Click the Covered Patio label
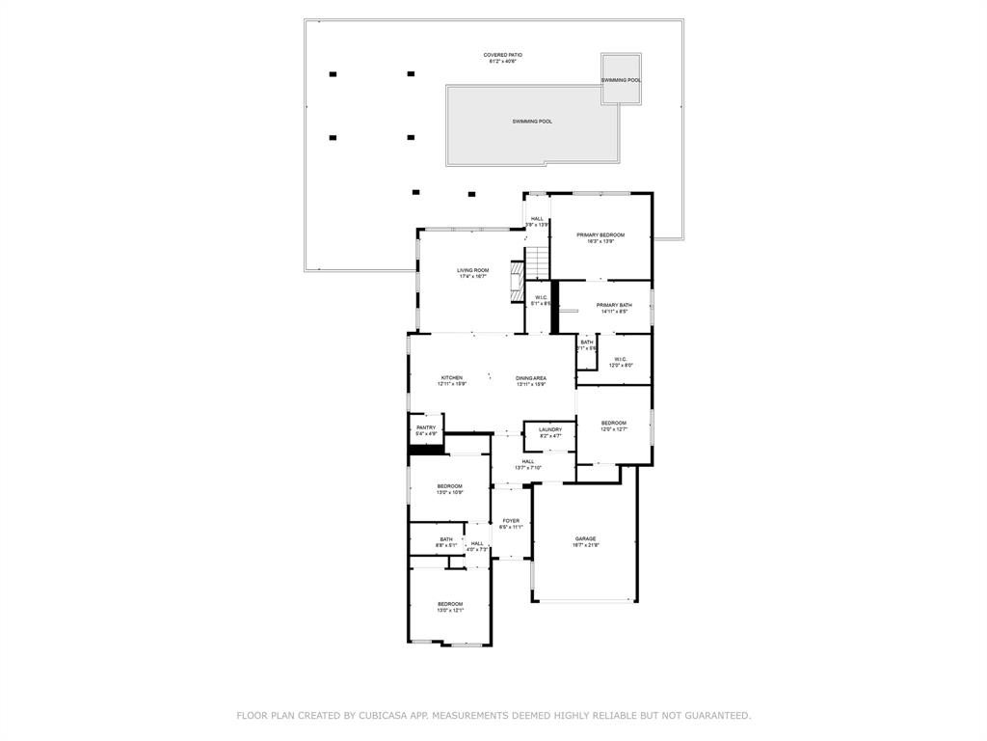click(502, 56)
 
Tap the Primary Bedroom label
click(600, 234)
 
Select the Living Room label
click(472, 270)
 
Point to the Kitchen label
click(452, 377)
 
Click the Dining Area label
click(531, 377)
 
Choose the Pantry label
click(426, 427)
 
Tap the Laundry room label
click(550, 429)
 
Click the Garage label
click(586, 538)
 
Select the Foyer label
click(511, 520)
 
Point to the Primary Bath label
click(614, 305)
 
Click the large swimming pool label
click(532, 122)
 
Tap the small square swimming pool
click(621, 78)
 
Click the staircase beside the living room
click(537, 261)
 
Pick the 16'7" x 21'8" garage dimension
click(586, 546)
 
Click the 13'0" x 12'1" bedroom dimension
click(450, 611)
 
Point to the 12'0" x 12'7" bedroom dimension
click(614, 429)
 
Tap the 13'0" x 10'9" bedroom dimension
click(450, 493)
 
